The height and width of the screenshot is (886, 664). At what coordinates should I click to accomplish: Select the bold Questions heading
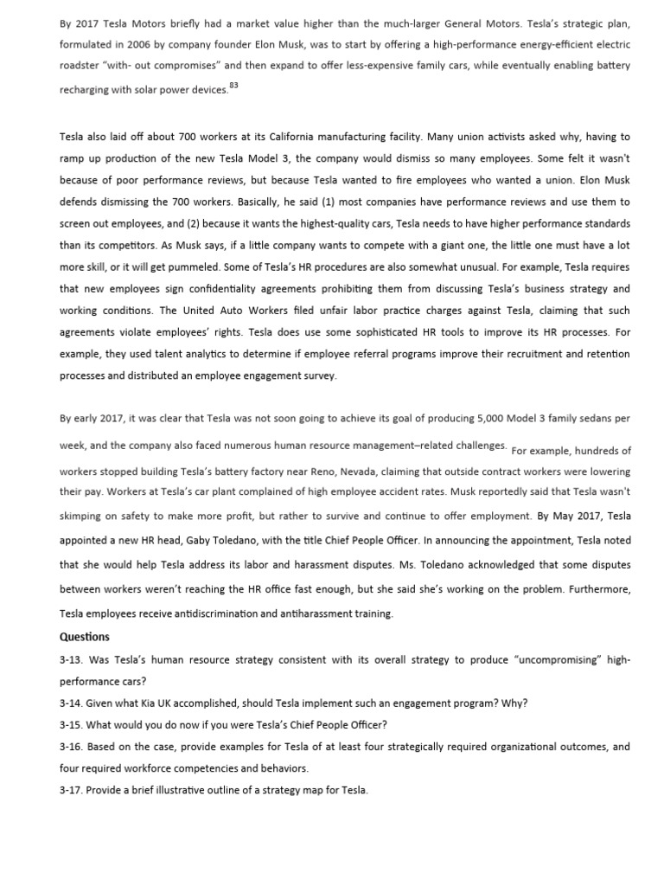coord(85,637)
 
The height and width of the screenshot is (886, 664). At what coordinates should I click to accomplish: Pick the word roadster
coord(80,66)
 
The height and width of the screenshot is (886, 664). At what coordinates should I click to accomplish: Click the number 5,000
coord(490,418)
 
